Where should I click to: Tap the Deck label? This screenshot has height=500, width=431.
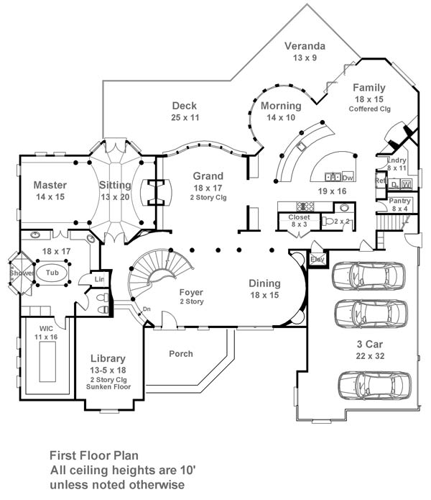click(x=185, y=105)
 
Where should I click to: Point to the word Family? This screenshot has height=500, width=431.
click(x=369, y=88)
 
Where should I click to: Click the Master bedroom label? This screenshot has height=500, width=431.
click(x=50, y=185)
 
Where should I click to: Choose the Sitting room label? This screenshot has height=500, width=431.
click(x=116, y=185)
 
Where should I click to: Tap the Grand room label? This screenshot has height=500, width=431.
click(x=208, y=176)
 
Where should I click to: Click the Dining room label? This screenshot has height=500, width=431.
click(x=264, y=283)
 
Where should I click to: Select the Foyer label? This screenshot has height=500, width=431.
click(x=192, y=292)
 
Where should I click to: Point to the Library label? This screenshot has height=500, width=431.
click(x=108, y=358)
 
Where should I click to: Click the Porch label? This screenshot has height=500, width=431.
click(x=181, y=353)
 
